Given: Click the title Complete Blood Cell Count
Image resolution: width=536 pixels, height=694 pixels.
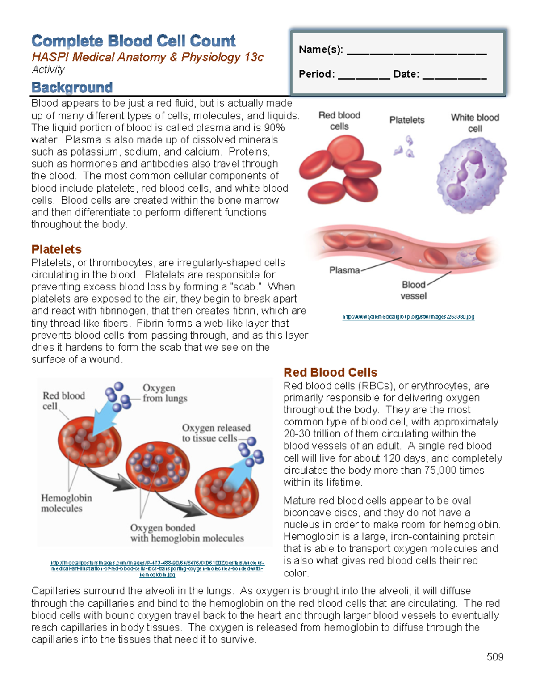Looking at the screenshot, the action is point(134,41).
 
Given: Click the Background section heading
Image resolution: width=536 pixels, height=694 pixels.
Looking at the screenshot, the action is point(72,87).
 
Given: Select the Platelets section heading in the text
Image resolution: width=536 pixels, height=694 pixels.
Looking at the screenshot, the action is point(56,249).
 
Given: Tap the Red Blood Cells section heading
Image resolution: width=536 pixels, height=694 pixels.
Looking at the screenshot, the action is point(330,372).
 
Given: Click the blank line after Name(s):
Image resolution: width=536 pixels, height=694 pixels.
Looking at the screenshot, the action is point(416,52).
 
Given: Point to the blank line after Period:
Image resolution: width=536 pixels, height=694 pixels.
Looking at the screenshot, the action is point(364,77).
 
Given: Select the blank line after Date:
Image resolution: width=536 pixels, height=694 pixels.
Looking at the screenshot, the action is point(454,77).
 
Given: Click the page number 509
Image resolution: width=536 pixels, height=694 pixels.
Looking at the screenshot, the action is point(495,656).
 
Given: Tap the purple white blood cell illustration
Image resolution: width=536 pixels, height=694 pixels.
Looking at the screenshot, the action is point(471,174).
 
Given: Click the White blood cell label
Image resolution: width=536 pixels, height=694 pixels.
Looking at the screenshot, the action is point(475,123).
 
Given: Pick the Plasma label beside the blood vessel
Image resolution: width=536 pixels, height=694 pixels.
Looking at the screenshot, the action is point(344,270).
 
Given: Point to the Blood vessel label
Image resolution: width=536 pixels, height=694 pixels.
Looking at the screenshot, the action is point(414,290).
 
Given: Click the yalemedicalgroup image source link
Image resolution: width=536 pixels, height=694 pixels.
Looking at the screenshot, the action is point(408,317).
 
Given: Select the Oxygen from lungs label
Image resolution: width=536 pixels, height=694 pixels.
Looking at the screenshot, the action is point(165,393).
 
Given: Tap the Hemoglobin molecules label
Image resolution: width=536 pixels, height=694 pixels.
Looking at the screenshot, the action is point(66,503).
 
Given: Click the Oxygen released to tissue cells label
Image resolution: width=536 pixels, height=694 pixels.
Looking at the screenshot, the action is point(216,433).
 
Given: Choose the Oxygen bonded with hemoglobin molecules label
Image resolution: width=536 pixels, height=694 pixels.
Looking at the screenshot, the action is point(187,533).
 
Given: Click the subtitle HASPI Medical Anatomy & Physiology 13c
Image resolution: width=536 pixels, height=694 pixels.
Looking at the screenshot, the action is point(147,57).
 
